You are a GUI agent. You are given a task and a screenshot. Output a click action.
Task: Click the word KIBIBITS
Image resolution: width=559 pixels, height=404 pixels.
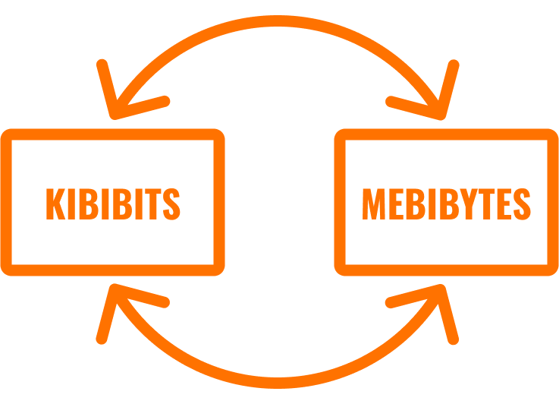pyautogui.click(x=113, y=204)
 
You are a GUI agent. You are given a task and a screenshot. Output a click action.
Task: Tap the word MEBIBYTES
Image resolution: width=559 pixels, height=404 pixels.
pyautogui.click(x=446, y=204)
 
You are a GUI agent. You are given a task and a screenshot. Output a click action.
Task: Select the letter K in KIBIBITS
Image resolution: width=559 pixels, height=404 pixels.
pyautogui.click(x=55, y=204)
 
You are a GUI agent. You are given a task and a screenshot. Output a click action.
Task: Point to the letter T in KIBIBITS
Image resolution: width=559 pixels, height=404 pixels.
pyautogui.click(x=153, y=204)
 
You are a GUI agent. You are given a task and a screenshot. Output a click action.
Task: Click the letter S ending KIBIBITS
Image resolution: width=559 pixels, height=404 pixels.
pyautogui.click(x=171, y=204)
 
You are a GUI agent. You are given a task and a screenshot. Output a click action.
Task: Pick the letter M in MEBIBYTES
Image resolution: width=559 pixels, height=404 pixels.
pyautogui.click(x=374, y=204)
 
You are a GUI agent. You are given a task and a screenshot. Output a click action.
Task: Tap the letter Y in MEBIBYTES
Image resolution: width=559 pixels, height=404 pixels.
pyautogui.click(x=469, y=204)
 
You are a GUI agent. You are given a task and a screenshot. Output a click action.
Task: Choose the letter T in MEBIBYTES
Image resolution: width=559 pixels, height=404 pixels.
pyautogui.click(x=487, y=204)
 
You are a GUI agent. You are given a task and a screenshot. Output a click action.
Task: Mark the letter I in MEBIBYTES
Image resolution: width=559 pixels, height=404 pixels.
pyautogui.click(x=432, y=204)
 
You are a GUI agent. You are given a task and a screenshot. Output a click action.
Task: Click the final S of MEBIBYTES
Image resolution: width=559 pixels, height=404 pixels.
pyautogui.click(x=523, y=204)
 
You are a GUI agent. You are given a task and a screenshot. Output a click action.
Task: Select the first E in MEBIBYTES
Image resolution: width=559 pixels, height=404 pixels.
pyautogui.click(x=397, y=204)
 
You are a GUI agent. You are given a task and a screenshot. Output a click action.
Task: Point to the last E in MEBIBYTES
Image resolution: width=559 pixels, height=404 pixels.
pyautogui.click(x=504, y=204)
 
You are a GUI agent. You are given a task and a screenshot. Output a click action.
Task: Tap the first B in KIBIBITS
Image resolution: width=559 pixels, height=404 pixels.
pyautogui.click(x=89, y=204)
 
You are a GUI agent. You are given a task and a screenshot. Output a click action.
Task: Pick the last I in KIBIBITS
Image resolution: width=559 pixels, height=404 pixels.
pyautogui.click(x=139, y=204)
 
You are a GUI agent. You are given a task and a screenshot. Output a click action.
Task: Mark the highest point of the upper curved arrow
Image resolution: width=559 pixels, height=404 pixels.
pyautogui.click(x=278, y=21)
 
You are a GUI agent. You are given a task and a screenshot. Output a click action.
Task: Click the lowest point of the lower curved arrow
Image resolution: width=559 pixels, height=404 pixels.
pyautogui.click(x=278, y=383)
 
